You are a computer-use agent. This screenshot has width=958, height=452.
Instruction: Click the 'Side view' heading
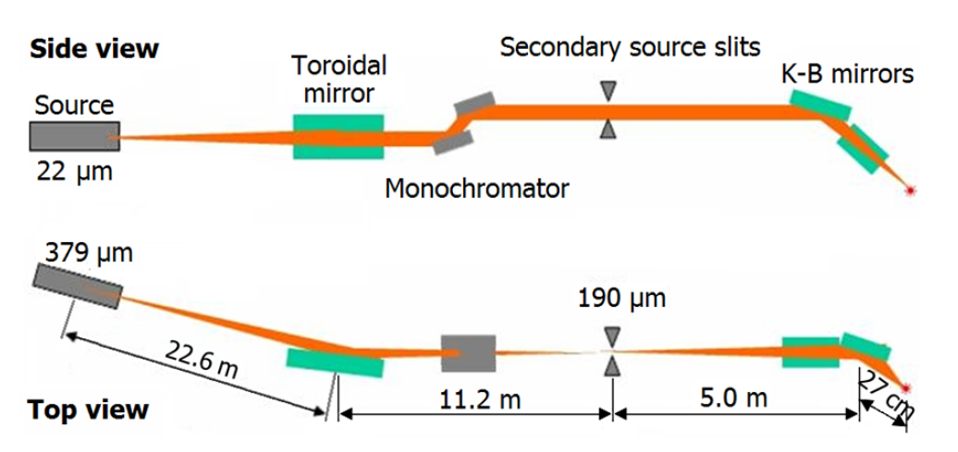94,48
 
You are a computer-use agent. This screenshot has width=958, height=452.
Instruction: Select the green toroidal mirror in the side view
338,137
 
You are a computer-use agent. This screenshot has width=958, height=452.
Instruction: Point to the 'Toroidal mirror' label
338,79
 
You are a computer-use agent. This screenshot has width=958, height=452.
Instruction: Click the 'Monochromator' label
476,189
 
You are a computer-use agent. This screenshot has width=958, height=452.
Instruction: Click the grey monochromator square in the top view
468,352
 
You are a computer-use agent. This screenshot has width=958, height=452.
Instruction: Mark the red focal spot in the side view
912,190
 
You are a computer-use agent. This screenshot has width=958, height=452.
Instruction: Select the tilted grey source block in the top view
78,286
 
